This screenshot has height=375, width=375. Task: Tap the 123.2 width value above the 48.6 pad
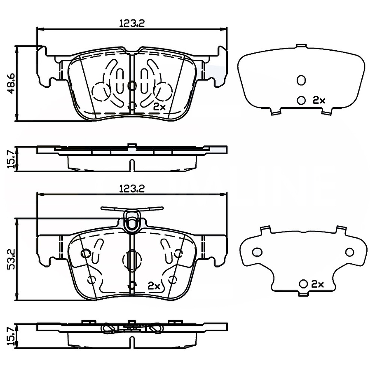point(131,24)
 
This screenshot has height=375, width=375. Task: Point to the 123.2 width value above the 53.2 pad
point(131,188)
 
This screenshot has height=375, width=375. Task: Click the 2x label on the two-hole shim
point(319,100)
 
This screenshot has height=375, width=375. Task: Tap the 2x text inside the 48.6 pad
point(159,106)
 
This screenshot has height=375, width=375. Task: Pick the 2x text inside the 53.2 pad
point(154,285)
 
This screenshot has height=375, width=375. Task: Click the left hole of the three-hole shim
point(257,252)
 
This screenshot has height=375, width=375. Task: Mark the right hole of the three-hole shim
point(349,252)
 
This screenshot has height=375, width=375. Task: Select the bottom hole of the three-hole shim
point(304,284)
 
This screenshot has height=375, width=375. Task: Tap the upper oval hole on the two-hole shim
point(301,80)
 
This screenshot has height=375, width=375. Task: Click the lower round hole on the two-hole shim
point(301,100)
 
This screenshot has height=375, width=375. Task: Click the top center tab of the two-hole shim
point(301,45)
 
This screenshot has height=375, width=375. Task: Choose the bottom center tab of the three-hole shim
point(304,294)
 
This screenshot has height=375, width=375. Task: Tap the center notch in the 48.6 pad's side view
point(131,165)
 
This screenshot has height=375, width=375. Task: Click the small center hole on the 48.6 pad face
point(132,86)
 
